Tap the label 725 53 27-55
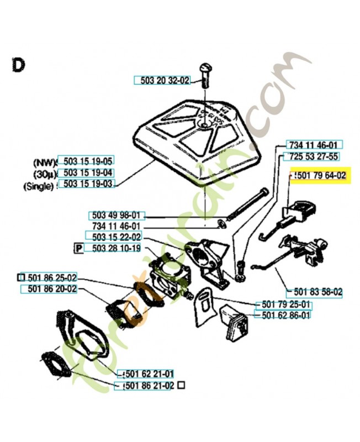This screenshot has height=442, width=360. (312, 156)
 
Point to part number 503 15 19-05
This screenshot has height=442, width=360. (88, 161)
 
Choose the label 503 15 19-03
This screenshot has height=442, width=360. (88, 184)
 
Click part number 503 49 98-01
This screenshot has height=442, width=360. (116, 215)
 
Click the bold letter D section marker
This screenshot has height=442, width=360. (18, 65)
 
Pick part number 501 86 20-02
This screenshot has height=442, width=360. (49, 289)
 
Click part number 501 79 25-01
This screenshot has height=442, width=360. (283, 305)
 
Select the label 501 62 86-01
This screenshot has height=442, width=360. (283, 315)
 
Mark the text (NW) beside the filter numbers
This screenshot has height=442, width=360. (44, 162)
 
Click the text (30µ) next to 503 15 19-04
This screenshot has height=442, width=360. (44, 173)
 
